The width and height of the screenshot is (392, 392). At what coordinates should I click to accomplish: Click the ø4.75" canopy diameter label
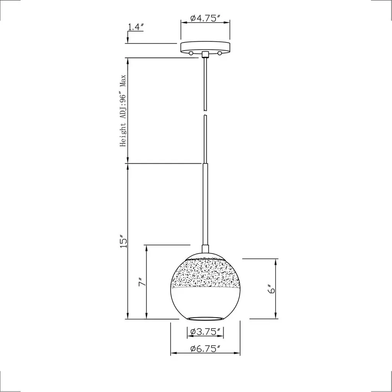coord(205,18)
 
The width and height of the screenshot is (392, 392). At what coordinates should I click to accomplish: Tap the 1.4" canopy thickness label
coord(136,27)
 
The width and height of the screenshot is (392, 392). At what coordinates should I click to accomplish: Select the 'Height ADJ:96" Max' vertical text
coord(123,111)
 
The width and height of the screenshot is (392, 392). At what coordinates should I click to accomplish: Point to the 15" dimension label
coord(123,241)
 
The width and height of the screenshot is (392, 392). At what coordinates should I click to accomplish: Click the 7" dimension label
coord(142,282)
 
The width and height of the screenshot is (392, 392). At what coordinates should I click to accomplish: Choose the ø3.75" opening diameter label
coord(205,332)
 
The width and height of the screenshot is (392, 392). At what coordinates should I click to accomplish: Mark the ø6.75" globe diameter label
coord(205,348)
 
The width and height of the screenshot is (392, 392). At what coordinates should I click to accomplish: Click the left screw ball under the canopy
coord(191,53)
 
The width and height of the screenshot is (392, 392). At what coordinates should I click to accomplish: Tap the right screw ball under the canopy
coord(220,53)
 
